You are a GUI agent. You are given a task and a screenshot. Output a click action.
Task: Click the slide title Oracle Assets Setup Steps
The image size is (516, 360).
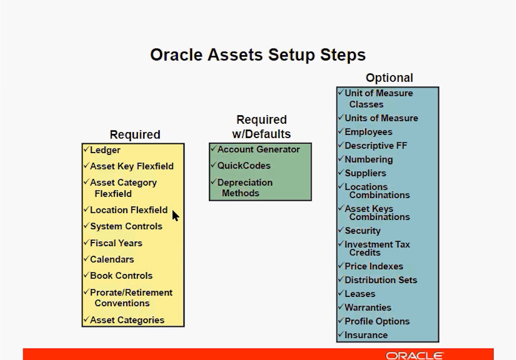click(258, 55)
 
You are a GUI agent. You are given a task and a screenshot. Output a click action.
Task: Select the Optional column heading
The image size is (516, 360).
click(389, 78)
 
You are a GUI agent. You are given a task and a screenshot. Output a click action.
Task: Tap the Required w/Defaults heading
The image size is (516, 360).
click(261, 127)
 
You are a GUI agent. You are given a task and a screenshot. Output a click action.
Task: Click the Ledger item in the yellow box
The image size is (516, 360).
click(105, 150)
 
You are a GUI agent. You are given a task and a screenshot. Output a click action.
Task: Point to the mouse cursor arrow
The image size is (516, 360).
click(175, 216)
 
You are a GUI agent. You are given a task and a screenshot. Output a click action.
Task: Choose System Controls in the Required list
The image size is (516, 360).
click(126, 227)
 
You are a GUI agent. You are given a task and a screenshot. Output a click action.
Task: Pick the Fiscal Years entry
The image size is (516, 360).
click(116, 243)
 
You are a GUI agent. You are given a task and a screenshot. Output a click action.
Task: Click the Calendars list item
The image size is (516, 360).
click(112, 259)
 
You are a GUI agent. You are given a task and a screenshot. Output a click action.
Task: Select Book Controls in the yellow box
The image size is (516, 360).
click(121, 276)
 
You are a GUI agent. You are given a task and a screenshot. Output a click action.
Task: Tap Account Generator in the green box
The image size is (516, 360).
click(258, 150)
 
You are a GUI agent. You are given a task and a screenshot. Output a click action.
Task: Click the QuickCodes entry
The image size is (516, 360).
click(244, 166)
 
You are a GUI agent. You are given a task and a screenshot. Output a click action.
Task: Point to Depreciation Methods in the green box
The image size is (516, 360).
click(245, 188)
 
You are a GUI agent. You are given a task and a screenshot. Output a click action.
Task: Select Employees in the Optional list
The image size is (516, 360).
click(369, 132)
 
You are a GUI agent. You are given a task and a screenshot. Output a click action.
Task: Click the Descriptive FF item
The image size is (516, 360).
click(376, 146)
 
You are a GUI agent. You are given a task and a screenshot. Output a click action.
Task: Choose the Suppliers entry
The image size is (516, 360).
click(365, 173)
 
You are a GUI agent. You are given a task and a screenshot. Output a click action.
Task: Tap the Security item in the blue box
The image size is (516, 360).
click(363, 231)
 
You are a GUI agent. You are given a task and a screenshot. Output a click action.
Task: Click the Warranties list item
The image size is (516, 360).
click(368, 307)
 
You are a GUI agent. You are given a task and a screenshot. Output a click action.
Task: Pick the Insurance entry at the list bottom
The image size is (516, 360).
click(366, 335)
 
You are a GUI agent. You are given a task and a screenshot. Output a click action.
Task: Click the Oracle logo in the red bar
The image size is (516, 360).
click(415, 356)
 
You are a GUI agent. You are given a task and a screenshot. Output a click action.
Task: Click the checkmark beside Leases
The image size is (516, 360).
click(341, 292)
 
